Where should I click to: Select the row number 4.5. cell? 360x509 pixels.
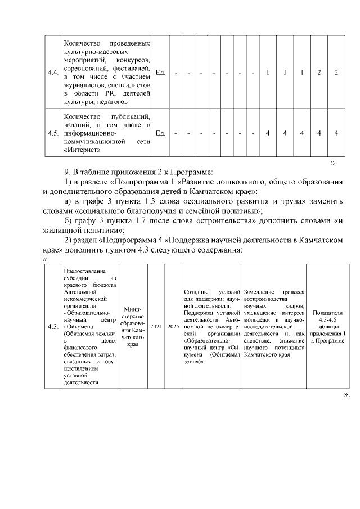[x=54, y=133]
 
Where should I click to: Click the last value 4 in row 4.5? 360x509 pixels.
[x=336, y=133]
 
